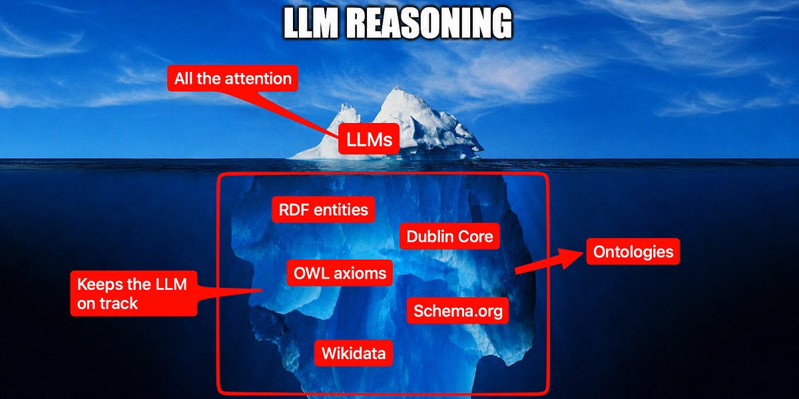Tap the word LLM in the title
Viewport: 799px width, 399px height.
click(311, 23)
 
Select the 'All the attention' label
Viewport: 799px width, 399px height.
click(232, 78)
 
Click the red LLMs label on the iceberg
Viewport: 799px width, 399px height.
click(369, 139)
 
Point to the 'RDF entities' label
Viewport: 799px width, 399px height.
click(323, 209)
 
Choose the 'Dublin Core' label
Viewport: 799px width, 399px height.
click(449, 236)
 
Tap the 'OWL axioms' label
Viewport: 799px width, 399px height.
click(340, 273)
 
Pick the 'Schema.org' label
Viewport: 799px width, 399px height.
click(457, 311)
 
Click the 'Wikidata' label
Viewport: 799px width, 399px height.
click(354, 353)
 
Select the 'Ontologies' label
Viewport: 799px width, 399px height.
click(633, 251)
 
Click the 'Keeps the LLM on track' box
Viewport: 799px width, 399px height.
click(134, 293)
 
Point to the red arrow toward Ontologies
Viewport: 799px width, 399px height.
click(549, 261)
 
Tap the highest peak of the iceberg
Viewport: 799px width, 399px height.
click(397, 88)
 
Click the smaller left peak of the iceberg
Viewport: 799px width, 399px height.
click(345, 106)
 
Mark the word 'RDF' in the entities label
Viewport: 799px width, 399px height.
click(290, 210)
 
